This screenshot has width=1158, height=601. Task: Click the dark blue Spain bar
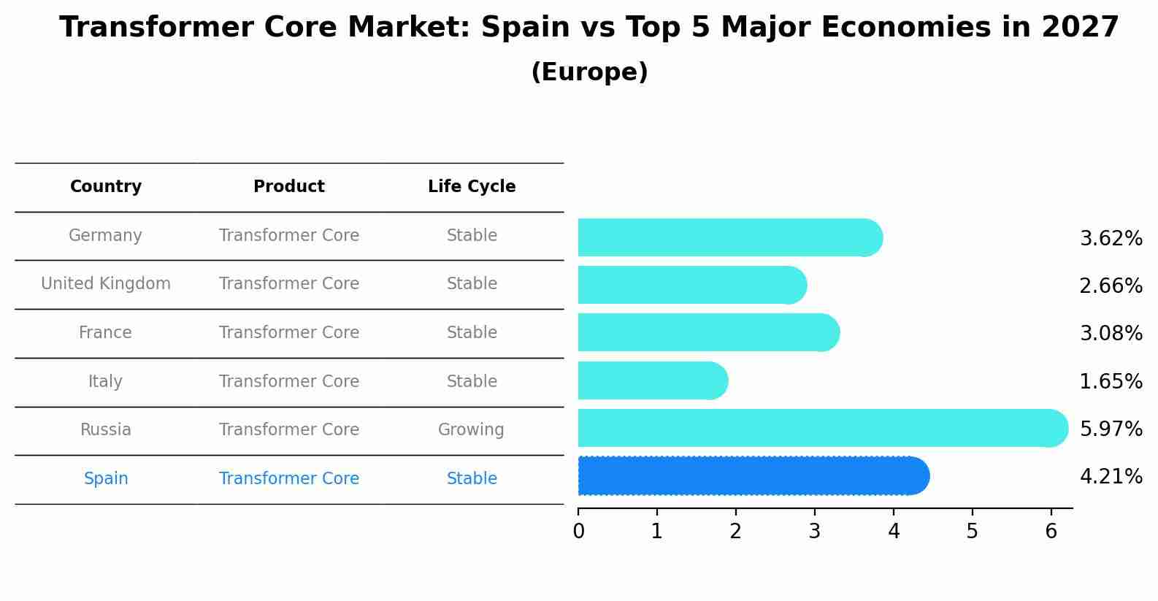[x=752, y=476]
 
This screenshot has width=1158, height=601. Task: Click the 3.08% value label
[x=1111, y=334]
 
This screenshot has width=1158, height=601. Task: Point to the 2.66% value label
[x=1111, y=286]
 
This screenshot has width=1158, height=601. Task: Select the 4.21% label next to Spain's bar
[x=1111, y=477]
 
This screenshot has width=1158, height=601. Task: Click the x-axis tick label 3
[x=815, y=532]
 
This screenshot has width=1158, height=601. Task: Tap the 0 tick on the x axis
[x=578, y=532]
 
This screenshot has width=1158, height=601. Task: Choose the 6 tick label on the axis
[x=1051, y=532]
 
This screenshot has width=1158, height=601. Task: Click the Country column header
[x=106, y=187]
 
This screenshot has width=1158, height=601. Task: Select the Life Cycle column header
[x=472, y=187]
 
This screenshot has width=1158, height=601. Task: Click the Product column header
[x=289, y=187]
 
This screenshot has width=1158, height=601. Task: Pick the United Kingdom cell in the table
[x=106, y=284]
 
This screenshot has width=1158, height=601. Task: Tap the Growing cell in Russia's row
[x=471, y=430]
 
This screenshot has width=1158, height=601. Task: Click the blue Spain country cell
[x=106, y=479]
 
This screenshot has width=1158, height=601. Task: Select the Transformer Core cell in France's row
[x=289, y=333]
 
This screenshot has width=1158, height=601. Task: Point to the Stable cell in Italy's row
[x=472, y=382]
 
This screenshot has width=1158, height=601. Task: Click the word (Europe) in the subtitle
[x=589, y=72]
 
